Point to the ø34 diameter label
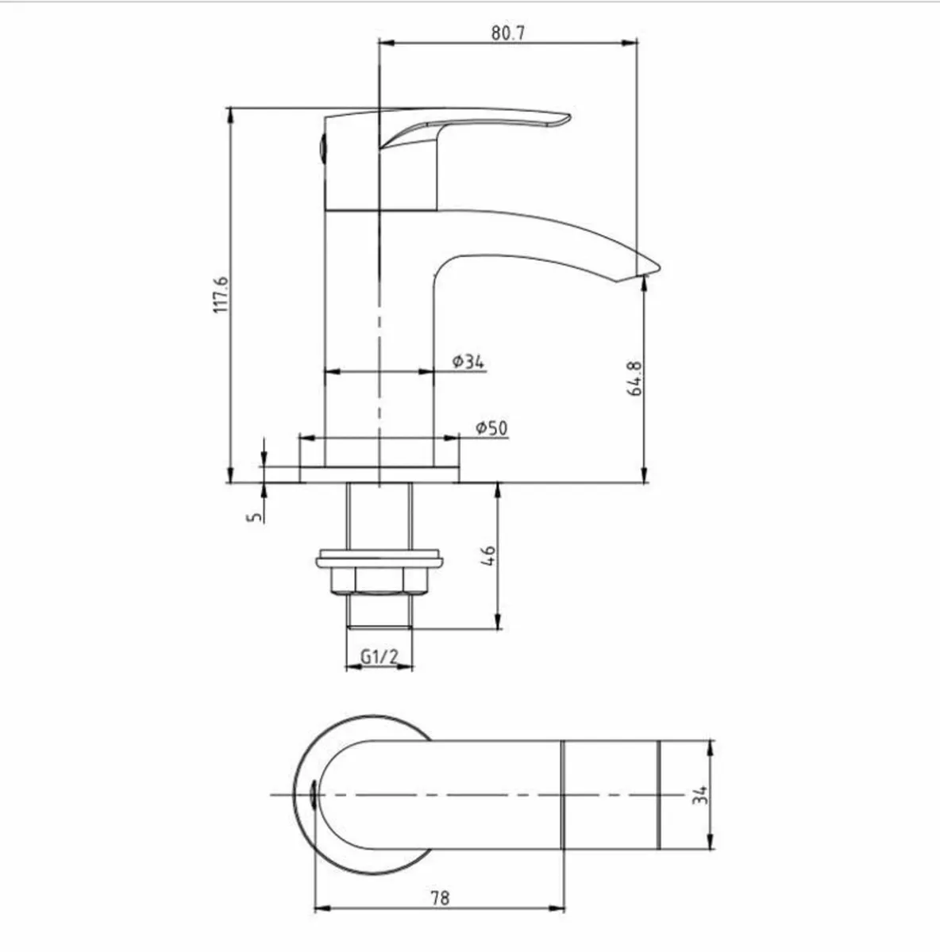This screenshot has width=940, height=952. [x=468, y=362]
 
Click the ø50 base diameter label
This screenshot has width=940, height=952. [x=491, y=428]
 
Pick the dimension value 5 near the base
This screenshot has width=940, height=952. [x=254, y=516]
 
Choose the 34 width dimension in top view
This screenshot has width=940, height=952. [x=699, y=795]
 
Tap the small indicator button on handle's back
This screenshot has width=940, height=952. [x=321, y=148]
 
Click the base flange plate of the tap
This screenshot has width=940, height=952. [x=379, y=474]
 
